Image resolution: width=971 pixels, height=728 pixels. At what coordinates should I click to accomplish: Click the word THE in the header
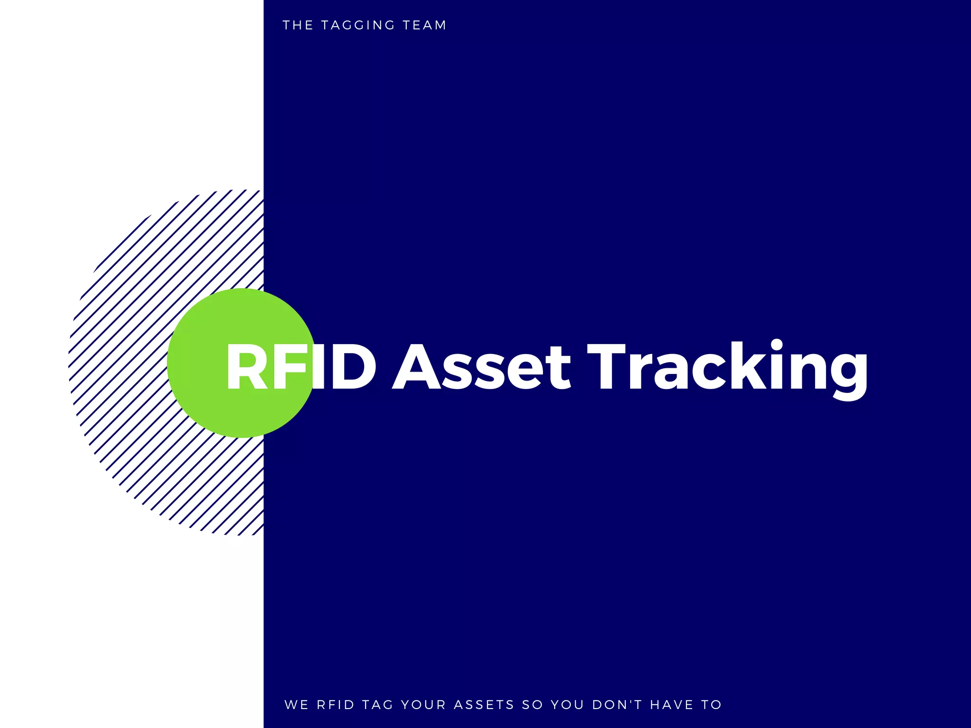[x=298, y=25]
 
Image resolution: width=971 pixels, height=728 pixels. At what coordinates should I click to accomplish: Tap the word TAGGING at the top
[x=358, y=25]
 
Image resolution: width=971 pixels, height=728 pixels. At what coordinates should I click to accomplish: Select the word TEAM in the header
[x=424, y=25]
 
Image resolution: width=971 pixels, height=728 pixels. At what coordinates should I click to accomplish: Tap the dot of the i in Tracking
[x=777, y=345]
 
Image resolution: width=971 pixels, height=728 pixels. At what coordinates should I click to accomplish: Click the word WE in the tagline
[x=296, y=705]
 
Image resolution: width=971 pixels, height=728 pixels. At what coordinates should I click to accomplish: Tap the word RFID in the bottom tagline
[x=335, y=705]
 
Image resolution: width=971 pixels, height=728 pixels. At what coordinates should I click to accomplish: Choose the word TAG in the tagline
[x=377, y=705]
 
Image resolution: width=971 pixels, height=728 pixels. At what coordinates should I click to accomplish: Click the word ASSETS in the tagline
[x=484, y=705]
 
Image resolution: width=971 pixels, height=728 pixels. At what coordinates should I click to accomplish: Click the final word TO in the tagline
[x=711, y=705]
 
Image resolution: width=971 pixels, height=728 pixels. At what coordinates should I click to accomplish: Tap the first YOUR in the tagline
[x=423, y=705]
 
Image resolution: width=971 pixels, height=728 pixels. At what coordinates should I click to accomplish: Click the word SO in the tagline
[x=532, y=705]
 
